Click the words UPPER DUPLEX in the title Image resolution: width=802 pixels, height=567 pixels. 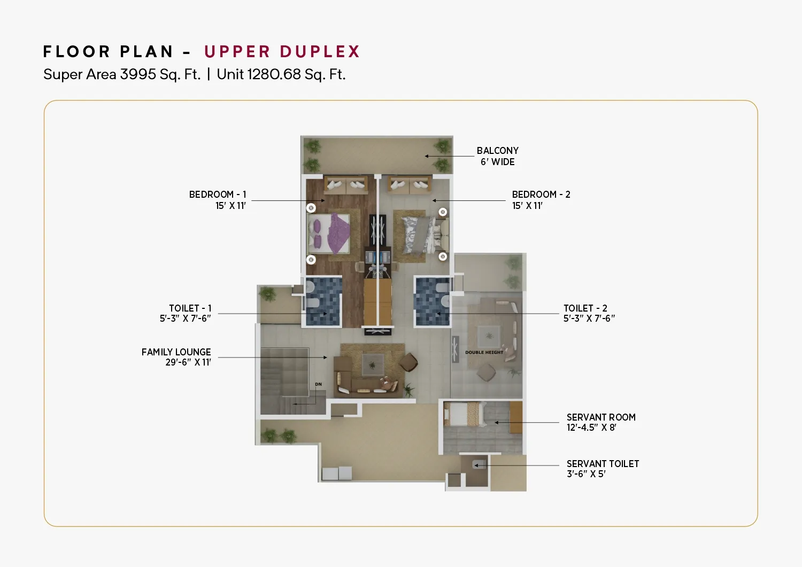tap(282, 51)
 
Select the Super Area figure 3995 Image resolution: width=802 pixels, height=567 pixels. tap(138, 74)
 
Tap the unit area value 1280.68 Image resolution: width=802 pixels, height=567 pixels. tap(274, 74)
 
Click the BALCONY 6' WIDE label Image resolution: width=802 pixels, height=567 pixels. tap(497, 156)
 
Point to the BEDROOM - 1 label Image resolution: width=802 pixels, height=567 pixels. tap(218, 195)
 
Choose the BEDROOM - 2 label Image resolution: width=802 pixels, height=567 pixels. tap(541, 195)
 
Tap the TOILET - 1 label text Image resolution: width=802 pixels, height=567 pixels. tap(190, 308)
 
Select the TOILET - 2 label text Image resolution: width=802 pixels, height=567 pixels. tap(585, 308)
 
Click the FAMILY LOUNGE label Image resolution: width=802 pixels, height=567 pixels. tap(176, 352)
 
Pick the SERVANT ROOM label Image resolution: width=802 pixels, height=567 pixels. tap(601, 417)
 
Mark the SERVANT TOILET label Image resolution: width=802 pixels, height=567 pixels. tap(603, 464)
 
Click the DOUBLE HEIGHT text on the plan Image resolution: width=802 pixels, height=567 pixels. tap(484, 352)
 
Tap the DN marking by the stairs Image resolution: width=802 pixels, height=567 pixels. tap(318, 384)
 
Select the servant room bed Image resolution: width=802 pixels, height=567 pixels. tap(465, 414)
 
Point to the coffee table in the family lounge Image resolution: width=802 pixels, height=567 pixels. tap(373, 365)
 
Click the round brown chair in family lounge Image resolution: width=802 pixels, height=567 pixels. tap(408, 362)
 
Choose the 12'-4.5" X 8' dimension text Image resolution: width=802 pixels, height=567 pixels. tap(591, 428)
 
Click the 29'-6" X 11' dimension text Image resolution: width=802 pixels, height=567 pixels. tap(188, 362)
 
